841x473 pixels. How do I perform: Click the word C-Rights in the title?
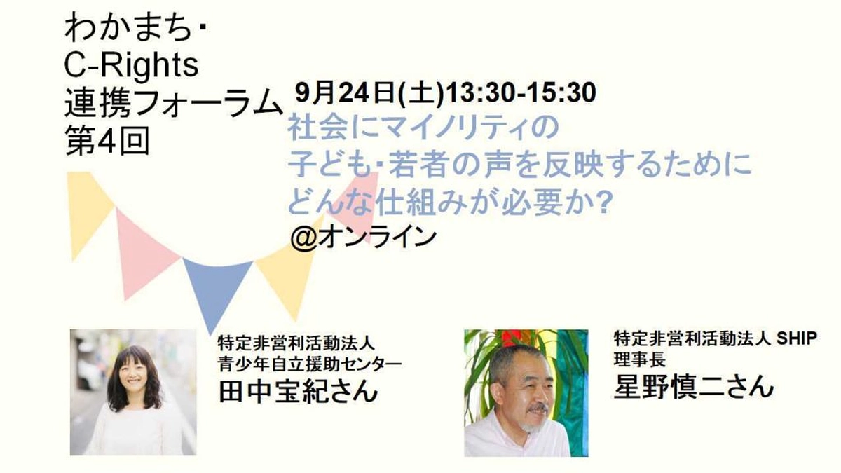click(x=132, y=66)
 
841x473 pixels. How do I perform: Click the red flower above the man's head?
click(x=513, y=337)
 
